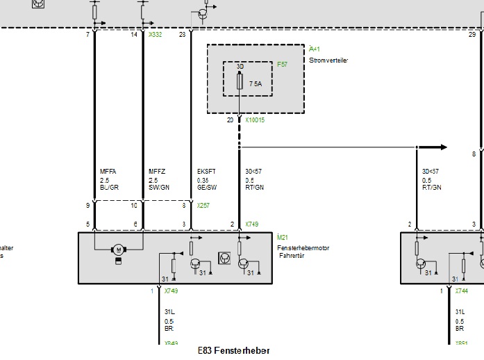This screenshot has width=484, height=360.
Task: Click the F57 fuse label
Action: (x=282, y=64)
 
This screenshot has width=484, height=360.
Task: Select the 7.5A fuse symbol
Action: (x=240, y=83)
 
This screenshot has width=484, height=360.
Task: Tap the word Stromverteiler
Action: (x=328, y=60)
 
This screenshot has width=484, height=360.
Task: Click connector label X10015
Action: (x=255, y=120)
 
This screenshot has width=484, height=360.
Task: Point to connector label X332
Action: (x=155, y=34)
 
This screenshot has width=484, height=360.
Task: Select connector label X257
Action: (x=203, y=206)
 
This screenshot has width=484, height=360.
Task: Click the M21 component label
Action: (x=283, y=238)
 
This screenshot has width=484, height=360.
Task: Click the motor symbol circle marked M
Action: (x=119, y=249)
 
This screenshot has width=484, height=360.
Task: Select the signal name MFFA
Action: (x=108, y=171)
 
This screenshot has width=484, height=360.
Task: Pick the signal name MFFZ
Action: (x=157, y=171)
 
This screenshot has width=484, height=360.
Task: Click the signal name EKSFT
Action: (x=206, y=171)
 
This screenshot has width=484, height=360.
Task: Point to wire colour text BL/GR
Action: (x=110, y=187)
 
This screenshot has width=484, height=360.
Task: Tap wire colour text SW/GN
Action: (x=159, y=187)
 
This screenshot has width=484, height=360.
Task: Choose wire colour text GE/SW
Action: (x=207, y=187)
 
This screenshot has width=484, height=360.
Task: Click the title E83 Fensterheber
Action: (x=233, y=351)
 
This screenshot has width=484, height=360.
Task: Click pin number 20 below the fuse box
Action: (x=230, y=120)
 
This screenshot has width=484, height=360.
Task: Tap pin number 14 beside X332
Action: (x=134, y=34)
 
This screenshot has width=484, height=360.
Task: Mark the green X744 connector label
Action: (x=462, y=291)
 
